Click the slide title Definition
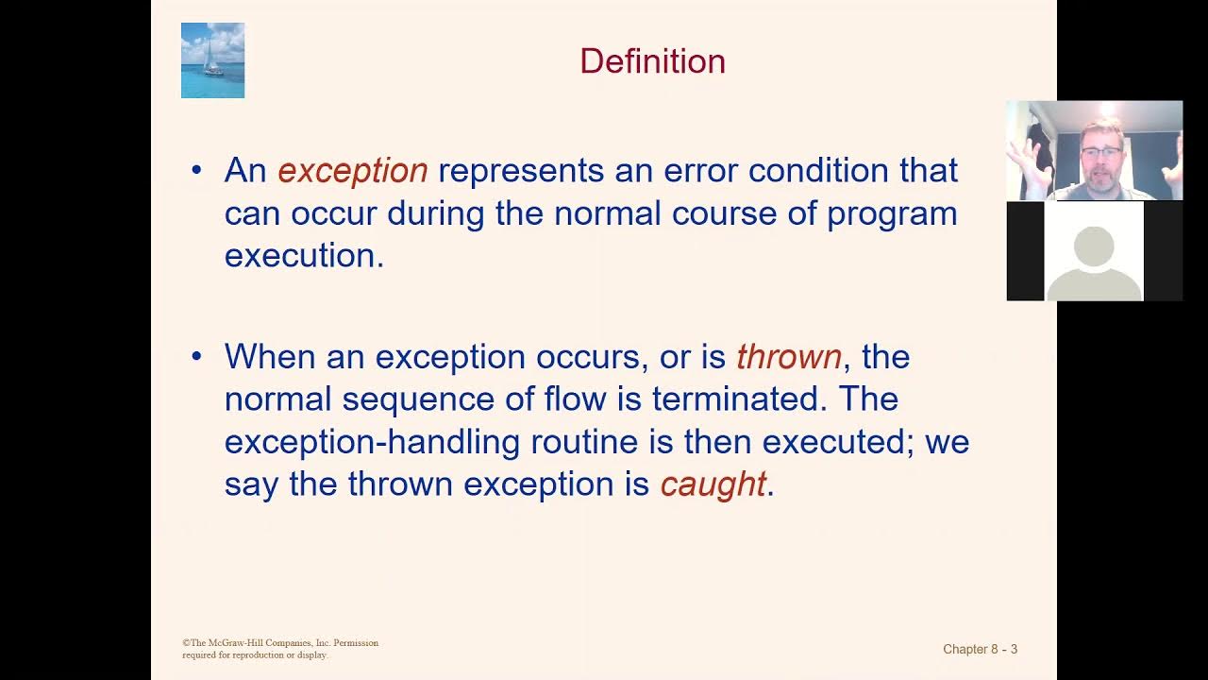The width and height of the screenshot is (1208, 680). click(x=652, y=61)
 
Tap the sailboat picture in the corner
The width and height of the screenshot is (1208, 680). click(x=212, y=60)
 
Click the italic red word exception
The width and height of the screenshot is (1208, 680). click(x=353, y=171)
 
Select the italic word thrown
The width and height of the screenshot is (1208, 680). click(x=788, y=357)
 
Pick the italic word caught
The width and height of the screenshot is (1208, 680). click(x=713, y=484)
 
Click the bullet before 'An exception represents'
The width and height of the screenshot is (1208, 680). click(x=196, y=171)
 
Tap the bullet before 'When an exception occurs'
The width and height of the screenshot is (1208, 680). click(x=196, y=357)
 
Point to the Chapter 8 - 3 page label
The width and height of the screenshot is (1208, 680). click(x=980, y=649)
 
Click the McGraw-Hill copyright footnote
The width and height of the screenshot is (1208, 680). click(x=280, y=649)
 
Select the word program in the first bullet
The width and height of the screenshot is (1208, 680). click(x=892, y=214)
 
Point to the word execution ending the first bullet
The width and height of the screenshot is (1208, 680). click(x=303, y=256)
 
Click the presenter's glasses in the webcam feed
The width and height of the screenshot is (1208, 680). click(x=1100, y=151)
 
